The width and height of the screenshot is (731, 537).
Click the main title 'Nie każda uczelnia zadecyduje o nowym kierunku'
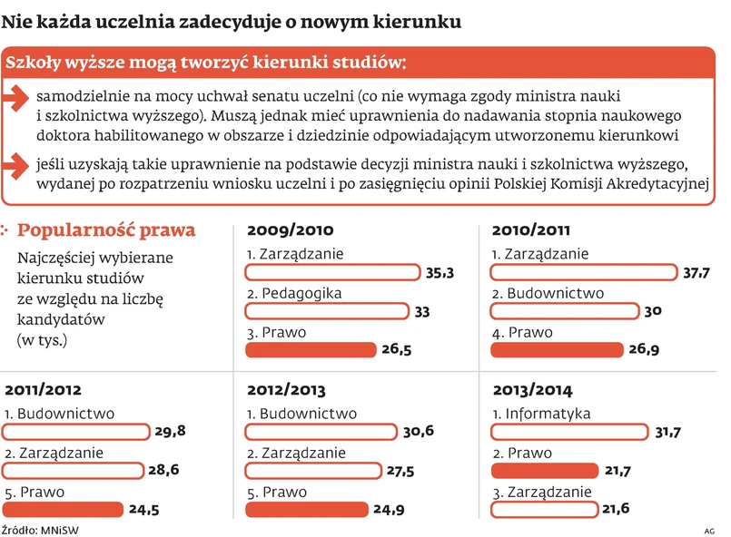pyautogui.click(x=232, y=19)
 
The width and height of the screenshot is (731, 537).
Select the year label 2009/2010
pyautogui.click(x=290, y=230)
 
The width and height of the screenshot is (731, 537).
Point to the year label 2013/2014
pyautogui.click(x=532, y=391)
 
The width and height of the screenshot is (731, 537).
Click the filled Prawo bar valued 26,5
pyautogui.click(x=311, y=350)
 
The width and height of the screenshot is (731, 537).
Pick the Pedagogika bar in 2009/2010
pyautogui.click(x=327, y=311)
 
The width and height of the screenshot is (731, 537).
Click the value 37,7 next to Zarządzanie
pyautogui.click(x=696, y=273)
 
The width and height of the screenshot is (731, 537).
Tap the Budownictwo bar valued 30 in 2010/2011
pyautogui.click(x=563, y=311)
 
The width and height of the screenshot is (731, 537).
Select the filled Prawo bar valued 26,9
pyautogui.click(x=556, y=350)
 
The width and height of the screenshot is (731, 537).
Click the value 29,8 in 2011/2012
pyautogui.click(x=170, y=432)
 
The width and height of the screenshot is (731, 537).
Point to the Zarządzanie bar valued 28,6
pyautogui.click(x=73, y=471)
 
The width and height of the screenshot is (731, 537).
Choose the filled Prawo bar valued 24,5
pyautogui.click(x=63, y=510)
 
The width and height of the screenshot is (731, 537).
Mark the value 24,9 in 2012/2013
pyautogui.click(x=389, y=510)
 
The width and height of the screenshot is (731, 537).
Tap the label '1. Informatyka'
pyautogui.click(x=541, y=414)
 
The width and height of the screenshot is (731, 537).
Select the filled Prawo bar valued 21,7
pyautogui.click(x=544, y=471)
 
